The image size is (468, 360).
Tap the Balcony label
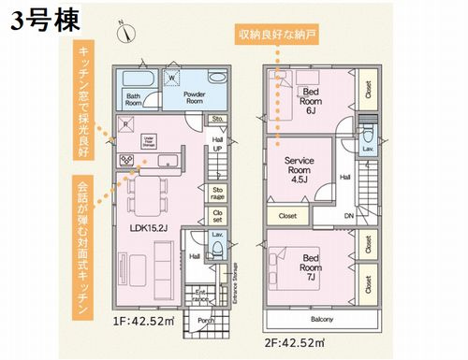324,321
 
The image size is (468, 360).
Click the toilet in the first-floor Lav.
219,249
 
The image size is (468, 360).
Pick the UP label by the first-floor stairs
217,148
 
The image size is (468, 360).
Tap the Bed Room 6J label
312,97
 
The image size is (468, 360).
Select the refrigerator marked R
125,122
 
